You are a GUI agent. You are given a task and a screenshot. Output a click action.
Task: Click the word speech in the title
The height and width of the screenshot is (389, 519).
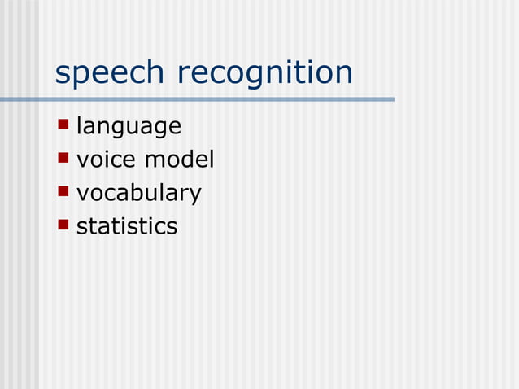click(x=110, y=73)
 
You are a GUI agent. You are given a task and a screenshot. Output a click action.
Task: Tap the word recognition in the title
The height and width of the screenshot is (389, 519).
click(x=265, y=73)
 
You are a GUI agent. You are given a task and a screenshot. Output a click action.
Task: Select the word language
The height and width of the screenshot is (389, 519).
click(x=129, y=127)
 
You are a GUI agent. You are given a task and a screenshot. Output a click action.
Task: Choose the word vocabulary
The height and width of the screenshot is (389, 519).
click(x=138, y=193)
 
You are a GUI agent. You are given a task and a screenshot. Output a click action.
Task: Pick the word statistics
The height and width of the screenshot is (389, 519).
click(x=126, y=225)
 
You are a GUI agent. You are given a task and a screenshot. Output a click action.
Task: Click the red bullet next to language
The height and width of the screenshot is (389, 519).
click(x=63, y=125)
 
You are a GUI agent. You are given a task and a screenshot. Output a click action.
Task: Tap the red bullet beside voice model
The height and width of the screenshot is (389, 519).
click(x=63, y=158)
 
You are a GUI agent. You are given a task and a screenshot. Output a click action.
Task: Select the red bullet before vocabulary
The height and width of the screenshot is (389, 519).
click(x=63, y=191)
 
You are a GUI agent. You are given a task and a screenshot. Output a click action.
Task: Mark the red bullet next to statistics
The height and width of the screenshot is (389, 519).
click(x=63, y=224)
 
